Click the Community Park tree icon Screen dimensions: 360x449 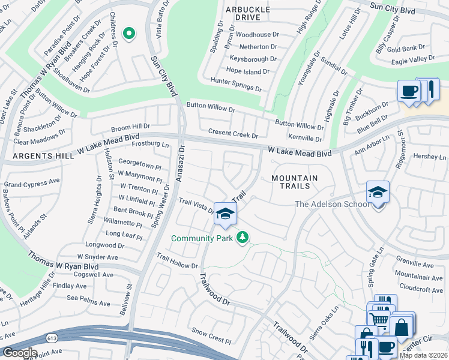pyautogui.click(x=243, y=238)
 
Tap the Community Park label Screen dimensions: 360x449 pyautogui.click(x=201, y=238)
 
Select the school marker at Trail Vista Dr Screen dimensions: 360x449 pyautogui.click(x=225, y=214)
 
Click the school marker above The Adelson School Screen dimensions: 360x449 pyautogui.click(x=378, y=192)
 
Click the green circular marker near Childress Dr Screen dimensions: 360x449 pyautogui.click(x=128, y=34)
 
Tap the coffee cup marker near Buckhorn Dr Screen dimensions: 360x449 pyautogui.click(x=409, y=91)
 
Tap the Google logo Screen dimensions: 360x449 pyautogui.click(x=20, y=353)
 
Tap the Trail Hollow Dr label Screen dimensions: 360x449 pyautogui.click(x=177, y=261)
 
